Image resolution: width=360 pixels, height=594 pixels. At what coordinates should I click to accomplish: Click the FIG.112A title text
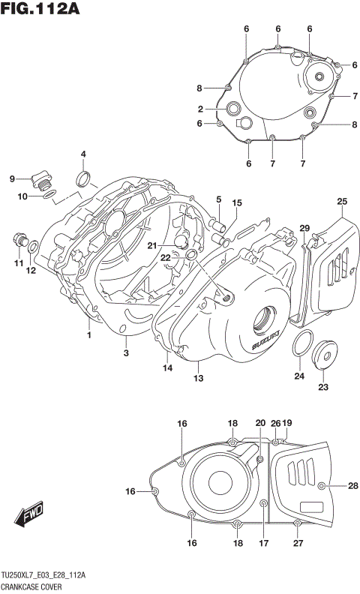coord(40,10)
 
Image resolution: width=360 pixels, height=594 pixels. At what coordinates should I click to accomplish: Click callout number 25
coord(342,201)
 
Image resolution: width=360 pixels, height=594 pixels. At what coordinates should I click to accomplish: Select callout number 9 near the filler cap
coord(12,178)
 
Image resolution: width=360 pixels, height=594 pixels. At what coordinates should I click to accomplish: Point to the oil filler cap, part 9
coord(41,181)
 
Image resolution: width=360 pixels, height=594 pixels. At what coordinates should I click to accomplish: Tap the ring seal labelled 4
coord(84,178)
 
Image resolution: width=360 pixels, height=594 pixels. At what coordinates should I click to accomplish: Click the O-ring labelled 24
coord(301,344)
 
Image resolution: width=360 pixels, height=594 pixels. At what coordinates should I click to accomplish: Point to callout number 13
coord(199,378)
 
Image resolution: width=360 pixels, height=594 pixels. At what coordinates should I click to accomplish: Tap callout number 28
coord(352,486)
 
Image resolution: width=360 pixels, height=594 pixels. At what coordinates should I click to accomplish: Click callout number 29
coord(304,228)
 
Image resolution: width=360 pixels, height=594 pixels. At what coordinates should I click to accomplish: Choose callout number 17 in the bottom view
coord(263,543)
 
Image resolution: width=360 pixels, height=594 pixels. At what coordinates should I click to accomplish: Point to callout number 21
coord(152,245)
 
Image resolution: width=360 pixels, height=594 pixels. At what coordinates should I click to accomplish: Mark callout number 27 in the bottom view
coord(298,543)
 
